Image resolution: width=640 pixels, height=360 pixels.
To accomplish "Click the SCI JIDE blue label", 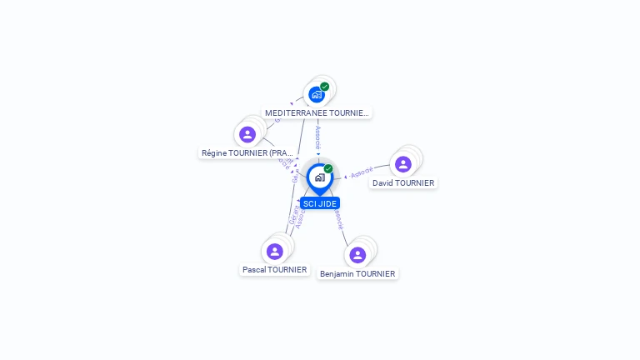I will click(x=320, y=203).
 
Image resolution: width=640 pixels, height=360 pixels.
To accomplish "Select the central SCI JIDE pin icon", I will click(x=319, y=177).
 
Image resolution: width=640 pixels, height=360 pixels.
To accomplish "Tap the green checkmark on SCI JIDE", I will click(x=328, y=168).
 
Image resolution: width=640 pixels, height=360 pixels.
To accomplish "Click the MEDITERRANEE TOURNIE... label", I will click(x=316, y=112).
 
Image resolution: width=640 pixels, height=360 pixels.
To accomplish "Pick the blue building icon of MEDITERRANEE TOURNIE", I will click(x=316, y=94).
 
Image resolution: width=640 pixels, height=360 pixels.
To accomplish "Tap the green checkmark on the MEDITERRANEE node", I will click(x=324, y=87).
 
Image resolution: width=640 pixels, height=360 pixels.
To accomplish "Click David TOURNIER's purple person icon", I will click(x=403, y=164).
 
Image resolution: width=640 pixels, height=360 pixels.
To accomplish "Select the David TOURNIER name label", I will click(x=403, y=183).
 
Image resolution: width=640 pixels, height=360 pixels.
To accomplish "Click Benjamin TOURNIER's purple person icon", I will click(x=357, y=254).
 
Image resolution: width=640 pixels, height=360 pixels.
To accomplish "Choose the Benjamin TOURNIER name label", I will click(x=357, y=273).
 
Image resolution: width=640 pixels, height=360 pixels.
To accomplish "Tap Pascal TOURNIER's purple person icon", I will click(x=275, y=251).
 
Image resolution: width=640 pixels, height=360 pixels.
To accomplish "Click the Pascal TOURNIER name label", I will click(x=275, y=270).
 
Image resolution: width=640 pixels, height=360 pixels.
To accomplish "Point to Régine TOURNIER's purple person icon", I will click(x=247, y=134).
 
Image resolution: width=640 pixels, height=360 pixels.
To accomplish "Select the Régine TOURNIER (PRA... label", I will click(x=247, y=153).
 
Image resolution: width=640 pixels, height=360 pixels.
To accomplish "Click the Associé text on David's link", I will click(x=362, y=173).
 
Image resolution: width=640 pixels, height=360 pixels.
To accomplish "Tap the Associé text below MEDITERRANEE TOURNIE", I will click(x=317, y=136).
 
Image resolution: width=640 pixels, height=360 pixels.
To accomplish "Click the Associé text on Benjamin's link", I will click(x=337, y=219).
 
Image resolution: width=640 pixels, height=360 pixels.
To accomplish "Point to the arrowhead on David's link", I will click(x=346, y=177).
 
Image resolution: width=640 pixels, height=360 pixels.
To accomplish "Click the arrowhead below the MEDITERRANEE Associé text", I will click(x=317, y=153).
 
